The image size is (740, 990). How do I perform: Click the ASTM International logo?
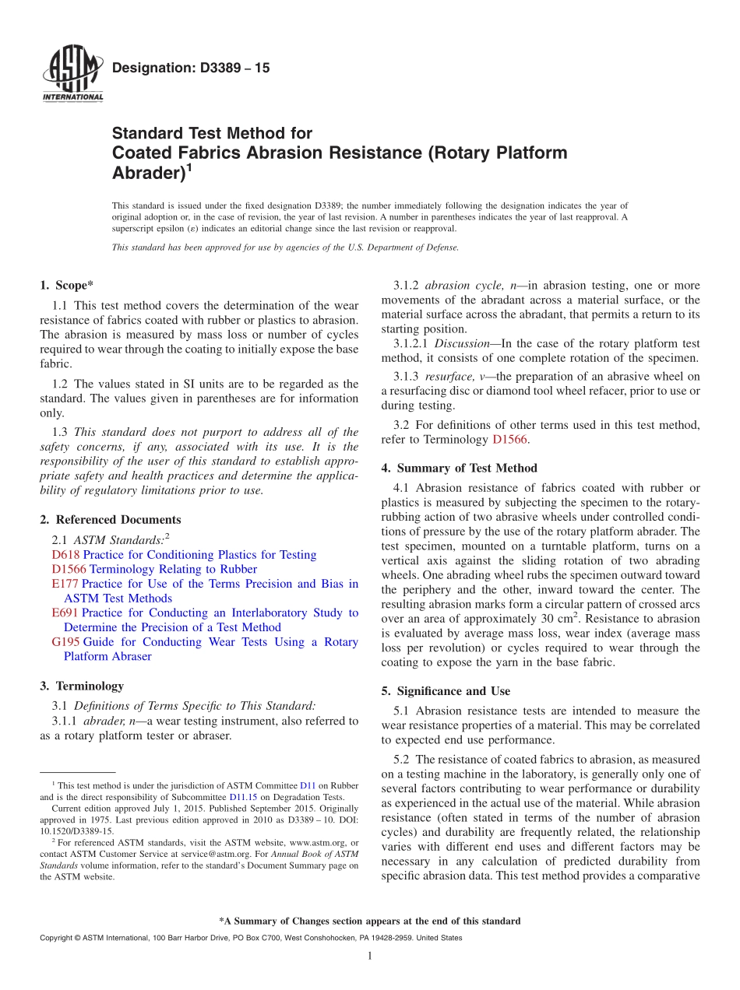tap(72, 74)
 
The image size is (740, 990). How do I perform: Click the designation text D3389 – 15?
tap(191, 68)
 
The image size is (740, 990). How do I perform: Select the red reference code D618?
tap(65, 555)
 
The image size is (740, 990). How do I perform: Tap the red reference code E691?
tap(65, 613)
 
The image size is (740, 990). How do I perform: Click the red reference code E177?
tap(65, 584)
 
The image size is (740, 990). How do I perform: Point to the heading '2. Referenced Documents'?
tap(110, 520)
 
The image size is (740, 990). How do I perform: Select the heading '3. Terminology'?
tap(82, 686)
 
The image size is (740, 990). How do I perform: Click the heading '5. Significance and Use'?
tap(446, 691)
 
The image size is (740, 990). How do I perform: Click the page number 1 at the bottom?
tap(370, 956)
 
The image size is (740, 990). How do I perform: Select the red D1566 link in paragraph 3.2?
tap(509, 440)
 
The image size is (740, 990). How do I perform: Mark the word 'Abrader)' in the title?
tap(148, 173)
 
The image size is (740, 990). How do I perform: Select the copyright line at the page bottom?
tap(250, 938)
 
